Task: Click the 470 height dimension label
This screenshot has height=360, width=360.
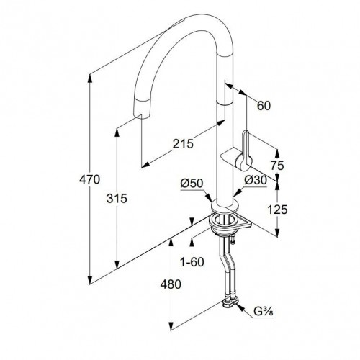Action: (89, 179)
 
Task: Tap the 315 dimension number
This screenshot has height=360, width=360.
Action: (117, 199)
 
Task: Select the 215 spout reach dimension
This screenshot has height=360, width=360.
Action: (183, 144)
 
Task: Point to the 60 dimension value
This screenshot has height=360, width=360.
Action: (264, 106)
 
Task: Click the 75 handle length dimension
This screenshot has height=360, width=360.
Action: (277, 166)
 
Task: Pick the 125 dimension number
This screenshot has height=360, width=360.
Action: (277, 210)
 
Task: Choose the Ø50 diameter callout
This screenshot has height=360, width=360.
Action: (192, 184)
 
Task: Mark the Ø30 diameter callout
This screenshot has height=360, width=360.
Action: (256, 180)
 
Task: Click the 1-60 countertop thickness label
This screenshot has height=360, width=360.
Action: (192, 262)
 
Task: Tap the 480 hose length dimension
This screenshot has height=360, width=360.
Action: (171, 284)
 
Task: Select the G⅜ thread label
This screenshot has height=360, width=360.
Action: (264, 312)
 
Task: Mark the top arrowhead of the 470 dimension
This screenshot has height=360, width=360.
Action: (90, 78)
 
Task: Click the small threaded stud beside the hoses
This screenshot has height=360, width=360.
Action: (233, 240)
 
